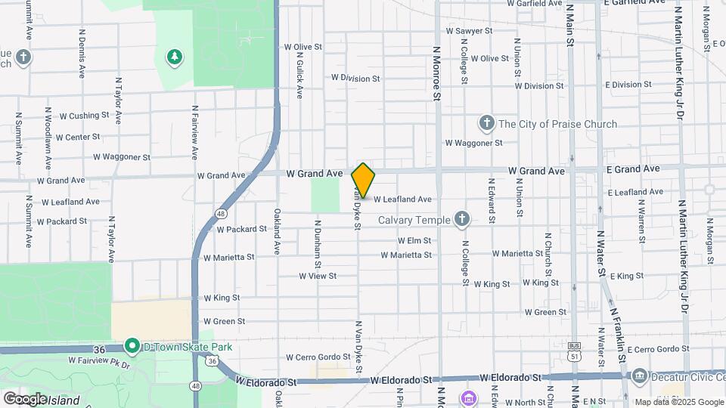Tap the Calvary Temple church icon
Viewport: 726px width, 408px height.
click(x=462, y=220)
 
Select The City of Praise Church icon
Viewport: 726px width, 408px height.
click(x=487, y=123)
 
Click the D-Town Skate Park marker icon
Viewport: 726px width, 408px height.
click(x=132, y=346)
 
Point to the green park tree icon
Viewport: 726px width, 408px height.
click(x=175, y=57)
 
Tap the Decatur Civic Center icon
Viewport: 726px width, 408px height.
click(x=640, y=376)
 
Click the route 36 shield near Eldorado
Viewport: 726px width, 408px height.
click(x=211, y=362)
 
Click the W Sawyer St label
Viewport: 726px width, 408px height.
click(x=469, y=32)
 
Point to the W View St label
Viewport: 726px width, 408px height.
click(x=317, y=277)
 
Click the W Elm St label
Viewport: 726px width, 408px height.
click(x=414, y=241)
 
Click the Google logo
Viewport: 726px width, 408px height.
click(x=25, y=398)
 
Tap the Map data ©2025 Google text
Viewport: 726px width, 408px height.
click(x=678, y=402)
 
